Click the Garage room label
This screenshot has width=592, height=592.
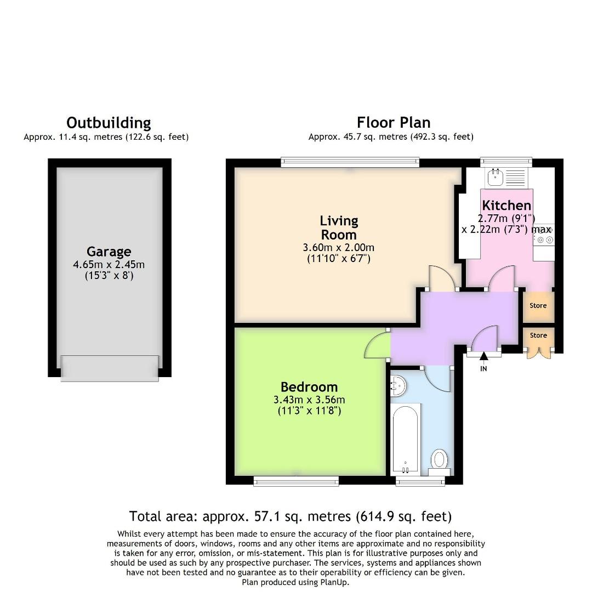(109, 252)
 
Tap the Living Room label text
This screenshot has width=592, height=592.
(339, 227)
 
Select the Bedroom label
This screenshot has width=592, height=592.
(309, 386)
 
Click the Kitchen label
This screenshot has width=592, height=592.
(506, 206)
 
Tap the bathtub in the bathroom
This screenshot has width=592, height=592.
(406, 438)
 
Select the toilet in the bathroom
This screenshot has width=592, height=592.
(440, 460)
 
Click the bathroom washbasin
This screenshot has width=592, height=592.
(399, 386)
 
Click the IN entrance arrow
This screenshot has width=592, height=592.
(483, 358)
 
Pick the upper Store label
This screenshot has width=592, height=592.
(538, 306)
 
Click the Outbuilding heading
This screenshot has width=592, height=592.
(109, 122)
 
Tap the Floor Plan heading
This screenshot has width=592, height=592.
(393, 122)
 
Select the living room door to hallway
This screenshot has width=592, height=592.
(442, 278)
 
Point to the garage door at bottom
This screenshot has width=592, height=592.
(110, 368)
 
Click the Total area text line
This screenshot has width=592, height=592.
(291, 516)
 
